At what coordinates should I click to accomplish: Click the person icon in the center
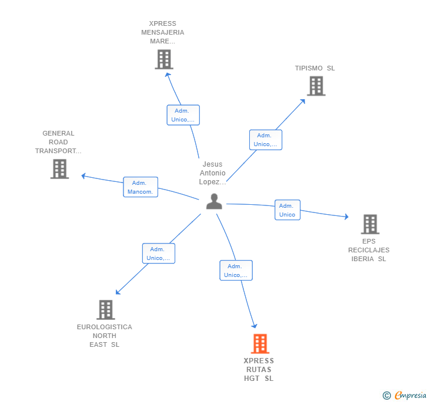pyautogui.click(x=214, y=201)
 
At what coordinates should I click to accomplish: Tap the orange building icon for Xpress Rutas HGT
pyautogui.click(x=260, y=343)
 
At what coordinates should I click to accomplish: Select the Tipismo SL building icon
pyautogui.click(x=316, y=86)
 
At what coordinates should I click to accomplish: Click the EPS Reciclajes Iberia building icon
pyautogui.click(x=370, y=224)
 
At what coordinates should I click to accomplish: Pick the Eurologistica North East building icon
pyautogui.click(x=105, y=309)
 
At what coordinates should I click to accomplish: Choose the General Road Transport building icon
pyautogui.click(x=59, y=169)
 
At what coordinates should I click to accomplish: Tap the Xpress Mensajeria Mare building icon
pyautogui.click(x=164, y=59)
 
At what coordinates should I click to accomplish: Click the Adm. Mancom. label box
pyautogui.click(x=141, y=187)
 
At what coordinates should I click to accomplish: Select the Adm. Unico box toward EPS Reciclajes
pyautogui.click(x=287, y=210)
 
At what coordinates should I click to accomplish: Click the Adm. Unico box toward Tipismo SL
pyautogui.click(x=265, y=140)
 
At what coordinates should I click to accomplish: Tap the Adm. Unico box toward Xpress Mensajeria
pyautogui.click(x=183, y=115)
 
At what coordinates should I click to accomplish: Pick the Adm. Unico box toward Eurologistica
pyautogui.click(x=158, y=254)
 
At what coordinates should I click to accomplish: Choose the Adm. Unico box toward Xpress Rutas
pyautogui.click(x=236, y=271)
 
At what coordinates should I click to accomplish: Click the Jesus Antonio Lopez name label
pyautogui.click(x=213, y=173)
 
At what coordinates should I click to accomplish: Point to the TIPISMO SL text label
pyautogui.click(x=315, y=68)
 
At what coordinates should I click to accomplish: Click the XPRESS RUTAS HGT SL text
pyautogui.click(x=259, y=370)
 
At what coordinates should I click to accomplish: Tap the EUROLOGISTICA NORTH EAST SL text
pyautogui.click(x=105, y=336)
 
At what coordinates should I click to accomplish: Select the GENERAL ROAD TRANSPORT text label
pyautogui.click(x=58, y=142)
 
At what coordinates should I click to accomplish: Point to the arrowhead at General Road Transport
pyautogui.click(x=83, y=175)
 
